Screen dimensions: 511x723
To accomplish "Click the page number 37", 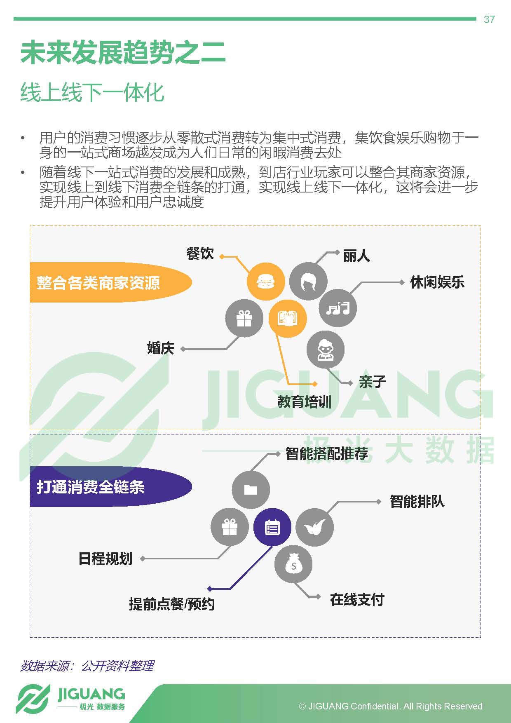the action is pyautogui.click(x=489, y=19).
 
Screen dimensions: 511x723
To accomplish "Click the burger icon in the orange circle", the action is pyautogui.click(x=265, y=282).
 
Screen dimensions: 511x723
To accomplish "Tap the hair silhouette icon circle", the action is pyautogui.click(x=308, y=282).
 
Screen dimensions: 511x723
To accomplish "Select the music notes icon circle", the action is pyautogui.click(x=338, y=308).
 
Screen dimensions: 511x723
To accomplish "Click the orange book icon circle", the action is pyautogui.click(x=288, y=318).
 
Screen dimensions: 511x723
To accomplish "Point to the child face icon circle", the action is pyautogui.click(x=326, y=350).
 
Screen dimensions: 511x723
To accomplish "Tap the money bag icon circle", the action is pyautogui.click(x=293, y=564).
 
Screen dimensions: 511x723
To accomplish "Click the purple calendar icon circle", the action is pyautogui.click(x=272, y=527).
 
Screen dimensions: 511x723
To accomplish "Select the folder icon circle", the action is pyautogui.click(x=251, y=489).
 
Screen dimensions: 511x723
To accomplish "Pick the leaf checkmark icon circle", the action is pyautogui.click(x=315, y=527).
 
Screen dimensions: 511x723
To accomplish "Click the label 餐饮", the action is pyautogui.click(x=200, y=254).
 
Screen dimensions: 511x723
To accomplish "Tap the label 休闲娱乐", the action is pyautogui.click(x=437, y=282).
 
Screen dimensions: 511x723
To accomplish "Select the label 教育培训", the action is pyautogui.click(x=305, y=401).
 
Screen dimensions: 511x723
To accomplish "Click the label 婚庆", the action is pyautogui.click(x=161, y=348).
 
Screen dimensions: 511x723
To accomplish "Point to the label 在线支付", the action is pyautogui.click(x=357, y=599).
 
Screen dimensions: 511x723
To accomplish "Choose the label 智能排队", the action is pyautogui.click(x=417, y=502).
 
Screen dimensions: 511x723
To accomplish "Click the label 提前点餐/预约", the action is pyautogui.click(x=172, y=604).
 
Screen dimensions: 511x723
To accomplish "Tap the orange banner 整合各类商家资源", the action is pyautogui.click(x=111, y=282).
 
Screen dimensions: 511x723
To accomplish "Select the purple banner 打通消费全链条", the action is pyautogui.click(x=111, y=487).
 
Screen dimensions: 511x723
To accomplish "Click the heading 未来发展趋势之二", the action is pyautogui.click(x=123, y=52).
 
